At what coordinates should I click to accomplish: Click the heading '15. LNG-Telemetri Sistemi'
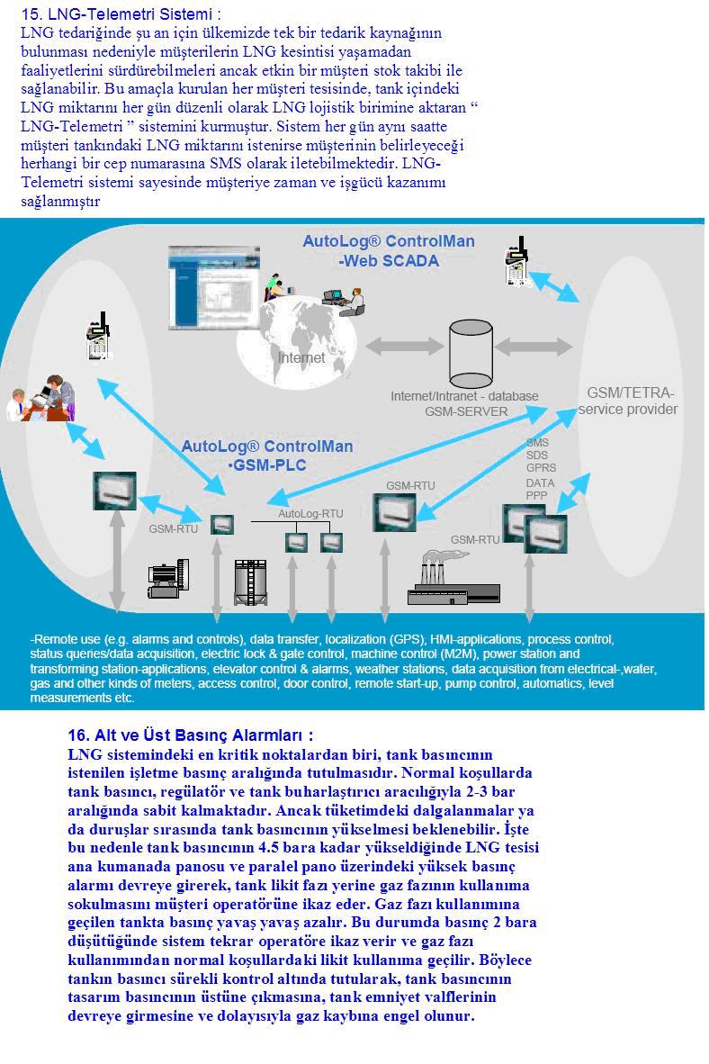point(121,14)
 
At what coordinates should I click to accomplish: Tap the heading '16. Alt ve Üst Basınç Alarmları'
point(191,735)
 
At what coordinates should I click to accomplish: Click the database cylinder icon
point(471,353)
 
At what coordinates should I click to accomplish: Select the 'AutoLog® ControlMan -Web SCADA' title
point(389,251)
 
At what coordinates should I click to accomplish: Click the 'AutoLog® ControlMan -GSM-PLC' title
point(267,455)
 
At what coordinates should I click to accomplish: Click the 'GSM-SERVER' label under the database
point(466,412)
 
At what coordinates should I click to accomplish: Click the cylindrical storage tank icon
point(250,582)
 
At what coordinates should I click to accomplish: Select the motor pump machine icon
point(167,579)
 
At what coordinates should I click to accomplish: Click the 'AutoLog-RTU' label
point(310,514)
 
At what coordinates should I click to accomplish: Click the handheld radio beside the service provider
point(517,261)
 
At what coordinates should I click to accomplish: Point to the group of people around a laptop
point(42,399)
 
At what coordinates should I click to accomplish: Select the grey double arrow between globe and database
point(405,346)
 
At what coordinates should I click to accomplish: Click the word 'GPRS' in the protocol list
point(541,468)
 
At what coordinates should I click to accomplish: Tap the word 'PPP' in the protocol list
point(536,495)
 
